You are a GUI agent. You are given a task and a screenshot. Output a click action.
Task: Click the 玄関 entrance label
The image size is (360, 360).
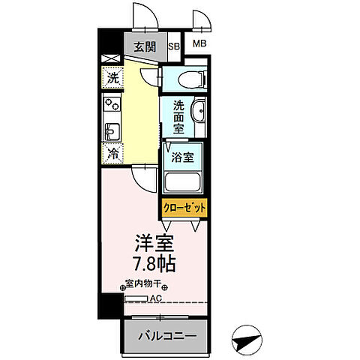[144, 47]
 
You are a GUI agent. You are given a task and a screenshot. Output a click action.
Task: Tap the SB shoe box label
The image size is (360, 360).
[174, 47]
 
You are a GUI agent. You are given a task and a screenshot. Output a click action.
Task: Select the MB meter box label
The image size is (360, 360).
[199, 44]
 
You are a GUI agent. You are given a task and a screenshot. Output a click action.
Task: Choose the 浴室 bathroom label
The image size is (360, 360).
[182, 159]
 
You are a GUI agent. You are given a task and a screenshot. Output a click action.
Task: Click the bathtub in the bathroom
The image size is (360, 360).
[184, 182]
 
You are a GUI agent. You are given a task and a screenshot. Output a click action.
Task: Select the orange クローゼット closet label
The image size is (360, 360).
[183, 208]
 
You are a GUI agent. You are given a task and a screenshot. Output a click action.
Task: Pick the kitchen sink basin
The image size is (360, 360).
[112, 131]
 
